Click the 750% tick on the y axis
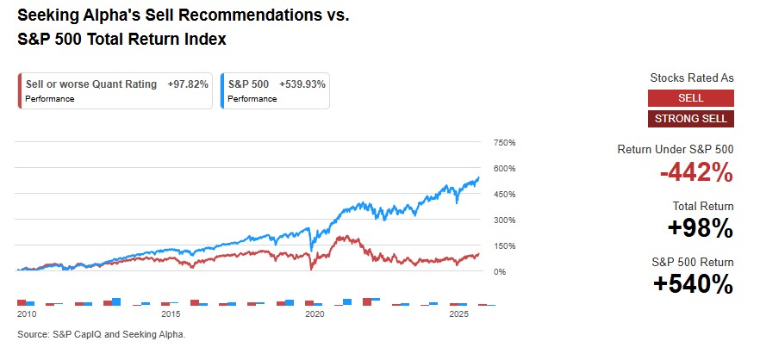(x=504, y=142)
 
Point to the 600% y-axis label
(x=504, y=168)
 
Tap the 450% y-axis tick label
(x=504, y=194)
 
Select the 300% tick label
(x=504, y=220)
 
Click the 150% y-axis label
(x=504, y=245)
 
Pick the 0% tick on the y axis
(x=500, y=271)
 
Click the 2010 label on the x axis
(x=27, y=316)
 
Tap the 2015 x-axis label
(x=171, y=316)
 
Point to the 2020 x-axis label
(x=314, y=316)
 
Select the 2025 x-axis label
(x=457, y=316)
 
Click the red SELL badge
(x=691, y=98)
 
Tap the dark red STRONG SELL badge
(x=691, y=119)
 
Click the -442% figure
(x=696, y=173)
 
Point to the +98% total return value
(x=700, y=228)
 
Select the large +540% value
(x=695, y=283)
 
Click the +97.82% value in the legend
(x=187, y=84)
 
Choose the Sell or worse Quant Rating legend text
(x=90, y=84)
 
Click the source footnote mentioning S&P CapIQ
(x=101, y=334)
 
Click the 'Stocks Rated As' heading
(x=692, y=78)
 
